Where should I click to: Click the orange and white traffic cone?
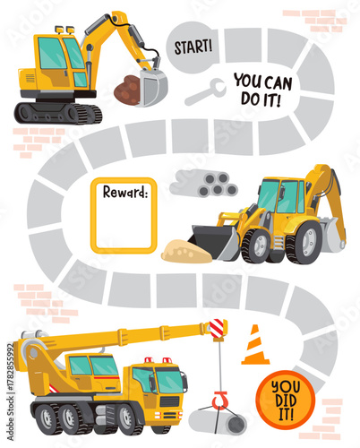point(255,345)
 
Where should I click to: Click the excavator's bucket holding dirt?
point(143,88)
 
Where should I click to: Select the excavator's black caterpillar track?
point(58,113)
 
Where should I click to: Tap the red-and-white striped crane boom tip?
point(217,329)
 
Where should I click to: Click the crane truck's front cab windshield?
point(168,382)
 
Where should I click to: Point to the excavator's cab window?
point(53,54)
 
